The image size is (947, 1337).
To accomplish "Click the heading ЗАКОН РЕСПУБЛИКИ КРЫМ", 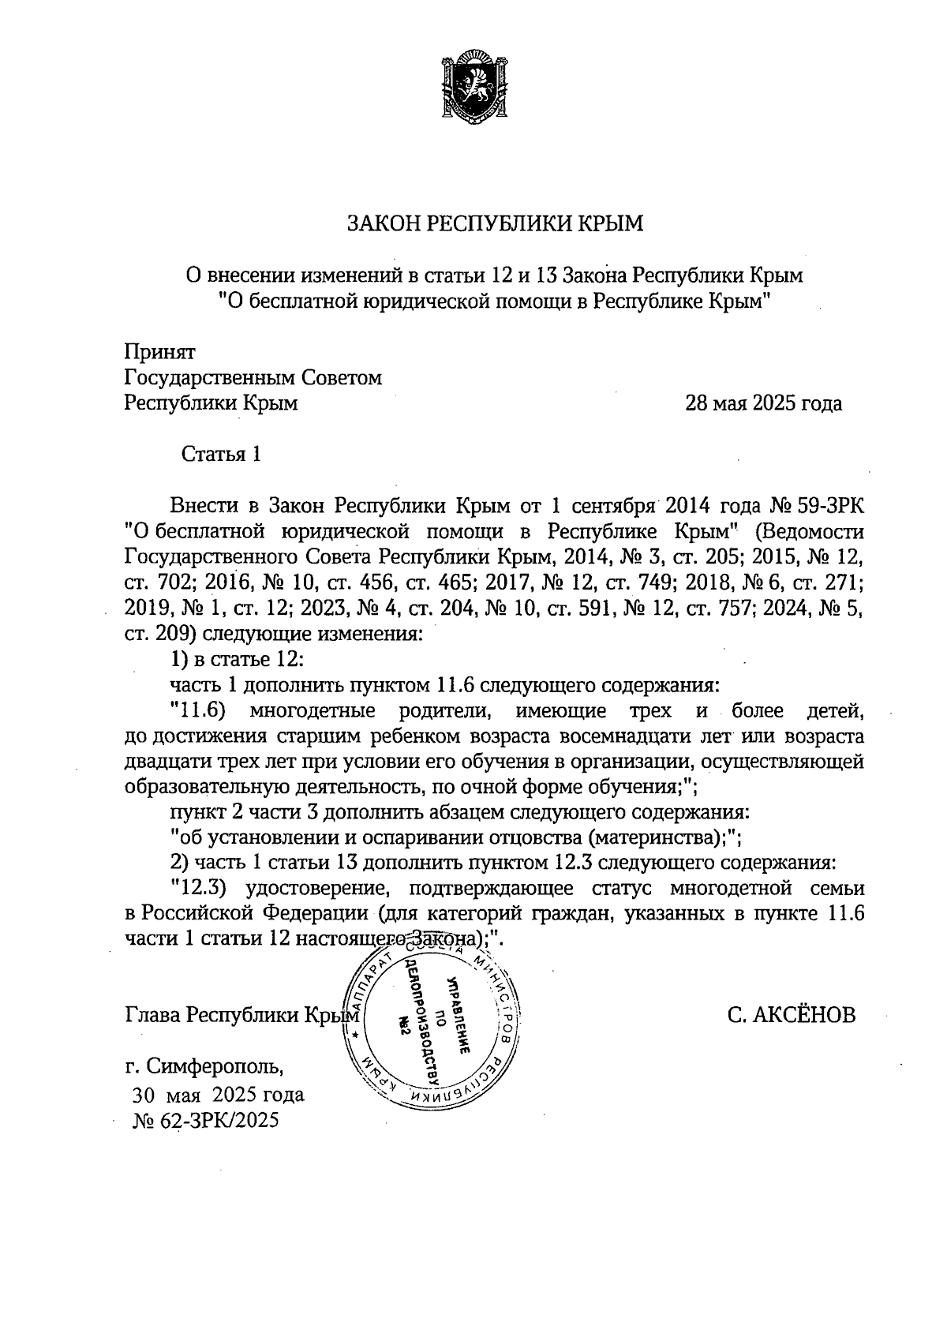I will click(x=496, y=224).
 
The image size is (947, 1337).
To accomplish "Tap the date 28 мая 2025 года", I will click(x=763, y=404).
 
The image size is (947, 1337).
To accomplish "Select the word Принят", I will click(x=160, y=352).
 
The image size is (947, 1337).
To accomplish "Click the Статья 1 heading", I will click(x=221, y=455).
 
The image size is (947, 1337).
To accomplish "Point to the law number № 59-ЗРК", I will click(x=820, y=505).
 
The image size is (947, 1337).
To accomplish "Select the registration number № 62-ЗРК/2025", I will click(x=207, y=1122).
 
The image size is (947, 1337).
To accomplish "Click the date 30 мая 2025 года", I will click(x=218, y=1095).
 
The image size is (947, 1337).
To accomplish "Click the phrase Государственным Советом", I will click(x=253, y=378).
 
